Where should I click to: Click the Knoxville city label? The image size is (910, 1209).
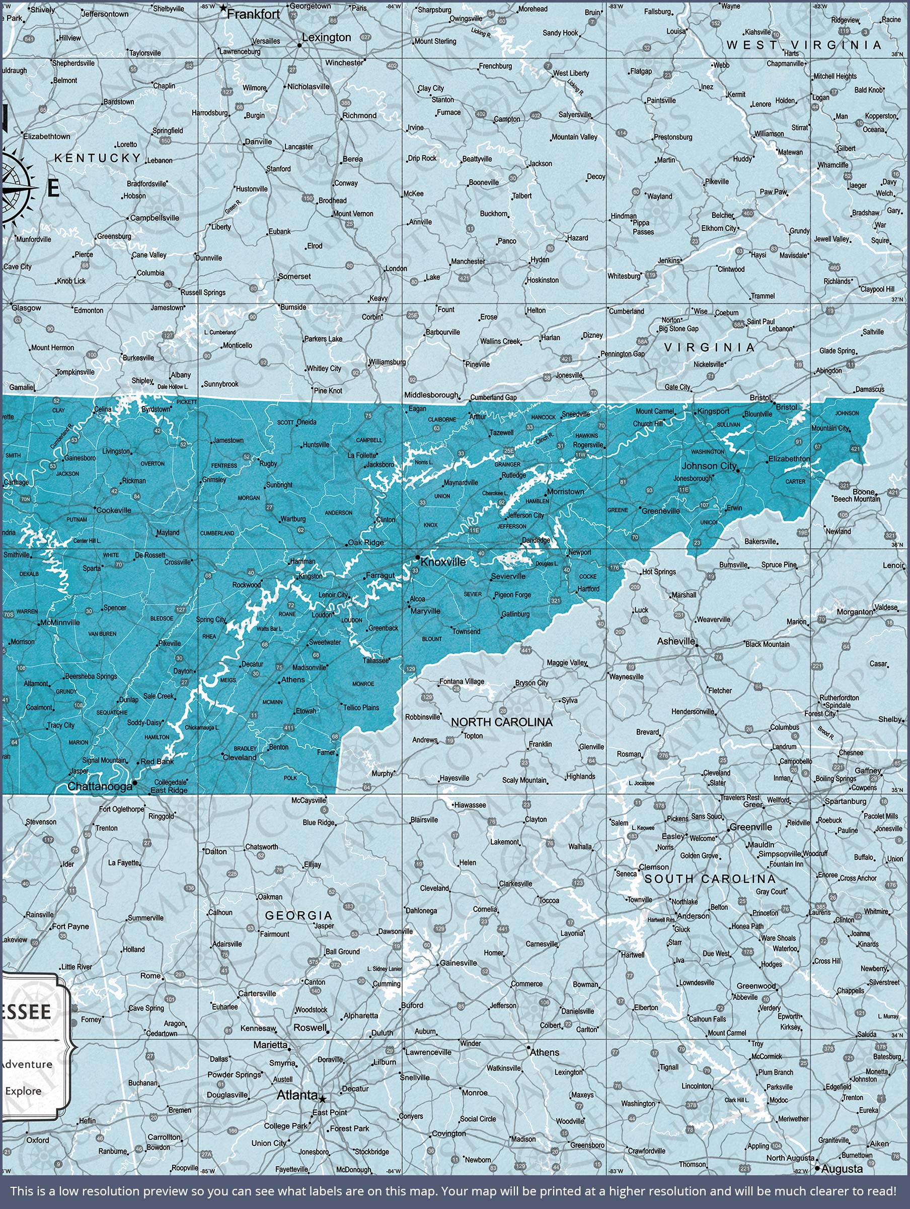443,562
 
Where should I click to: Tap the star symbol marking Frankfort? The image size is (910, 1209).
223,8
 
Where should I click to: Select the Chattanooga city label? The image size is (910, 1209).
100,786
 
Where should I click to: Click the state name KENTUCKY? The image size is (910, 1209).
98,158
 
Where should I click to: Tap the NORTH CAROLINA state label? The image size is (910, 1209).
501,722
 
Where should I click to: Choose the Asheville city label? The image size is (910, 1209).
675,641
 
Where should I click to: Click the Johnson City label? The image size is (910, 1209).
709,465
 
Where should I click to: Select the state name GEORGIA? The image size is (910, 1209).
299,915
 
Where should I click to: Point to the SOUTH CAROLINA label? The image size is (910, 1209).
710,879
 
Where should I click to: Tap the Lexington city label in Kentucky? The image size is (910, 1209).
326,37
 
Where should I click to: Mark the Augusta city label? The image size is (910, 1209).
842,1169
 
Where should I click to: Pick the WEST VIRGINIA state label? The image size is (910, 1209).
804,45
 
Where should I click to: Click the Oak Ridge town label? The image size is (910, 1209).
365,543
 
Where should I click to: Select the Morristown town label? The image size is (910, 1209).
565,491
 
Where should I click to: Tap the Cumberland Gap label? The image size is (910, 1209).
493,397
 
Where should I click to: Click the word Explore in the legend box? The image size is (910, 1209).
23,1091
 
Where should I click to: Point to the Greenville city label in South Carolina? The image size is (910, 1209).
750,827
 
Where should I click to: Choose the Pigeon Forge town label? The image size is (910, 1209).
512,594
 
